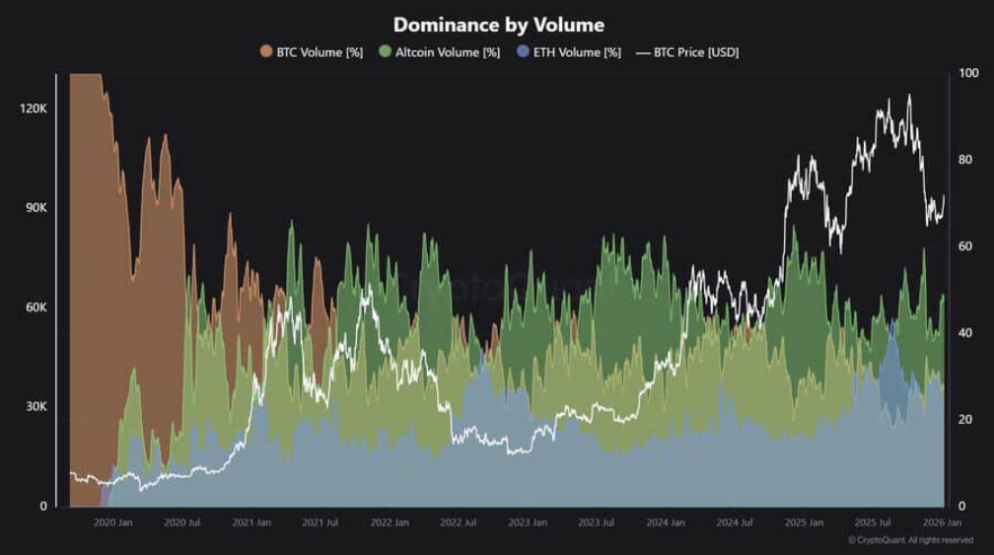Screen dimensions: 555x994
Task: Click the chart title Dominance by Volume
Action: pyautogui.click(x=498, y=24)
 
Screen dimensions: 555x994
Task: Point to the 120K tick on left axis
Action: pyautogui.click(x=34, y=108)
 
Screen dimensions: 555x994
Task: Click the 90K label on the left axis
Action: pyautogui.click(x=36, y=208)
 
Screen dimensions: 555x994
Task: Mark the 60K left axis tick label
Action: pyautogui.click(x=36, y=308)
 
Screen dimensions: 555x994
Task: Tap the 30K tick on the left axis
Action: pyautogui.click(x=36, y=407)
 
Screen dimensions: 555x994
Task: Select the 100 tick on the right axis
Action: pyautogui.click(x=968, y=74)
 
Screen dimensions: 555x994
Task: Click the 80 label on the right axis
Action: pyautogui.click(x=966, y=160)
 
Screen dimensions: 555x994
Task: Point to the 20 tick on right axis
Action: pyautogui.click(x=966, y=420)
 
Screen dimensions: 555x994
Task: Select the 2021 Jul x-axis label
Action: pyautogui.click(x=320, y=522)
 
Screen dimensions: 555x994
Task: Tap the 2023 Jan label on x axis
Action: pyautogui.click(x=527, y=522)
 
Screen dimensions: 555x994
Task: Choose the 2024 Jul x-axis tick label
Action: pyautogui.click(x=736, y=522)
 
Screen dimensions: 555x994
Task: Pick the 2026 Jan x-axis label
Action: pyautogui.click(x=941, y=522)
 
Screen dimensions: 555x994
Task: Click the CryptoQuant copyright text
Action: pyautogui.click(x=910, y=540)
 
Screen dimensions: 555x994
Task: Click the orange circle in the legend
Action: pyautogui.click(x=266, y=52)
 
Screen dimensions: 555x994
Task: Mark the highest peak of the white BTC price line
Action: pyautogui.click(x=908, y=96)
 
